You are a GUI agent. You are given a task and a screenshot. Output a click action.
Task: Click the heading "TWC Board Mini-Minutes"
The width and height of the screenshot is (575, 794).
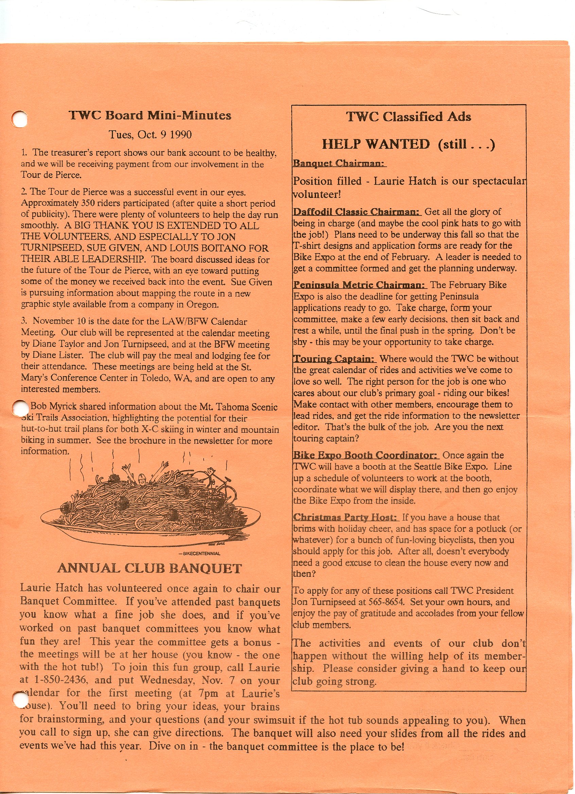pyautogui.click(x=150, y=115)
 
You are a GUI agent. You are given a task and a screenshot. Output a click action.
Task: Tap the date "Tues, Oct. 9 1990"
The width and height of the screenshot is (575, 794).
pyautogui.click(x=150, y=135)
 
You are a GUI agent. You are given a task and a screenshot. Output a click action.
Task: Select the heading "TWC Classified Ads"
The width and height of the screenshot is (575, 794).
pyautogui.click(x=408, y=116)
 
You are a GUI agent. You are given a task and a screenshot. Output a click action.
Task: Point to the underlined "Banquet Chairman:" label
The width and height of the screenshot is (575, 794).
pyautogui.click(x=339, y=163)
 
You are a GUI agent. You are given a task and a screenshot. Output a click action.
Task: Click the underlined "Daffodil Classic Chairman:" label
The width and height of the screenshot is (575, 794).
pyautogui.click(x=357, y=212)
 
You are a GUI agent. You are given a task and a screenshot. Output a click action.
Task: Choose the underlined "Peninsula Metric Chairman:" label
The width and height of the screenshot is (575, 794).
pyautogui.click(x=360, y=284)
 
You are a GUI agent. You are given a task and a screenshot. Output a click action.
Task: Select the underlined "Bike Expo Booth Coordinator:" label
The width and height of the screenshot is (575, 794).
pyautogui.click(x=365, y=455)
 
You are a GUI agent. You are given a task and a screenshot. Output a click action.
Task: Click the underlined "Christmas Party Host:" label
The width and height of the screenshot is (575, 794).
pyautogui.click(x=346, y=517)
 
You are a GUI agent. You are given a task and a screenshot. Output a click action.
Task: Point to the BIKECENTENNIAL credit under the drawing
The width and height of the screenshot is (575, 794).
pyautogui.click(x=199, y=553)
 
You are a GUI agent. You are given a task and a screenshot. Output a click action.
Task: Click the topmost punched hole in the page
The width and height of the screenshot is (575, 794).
pyautogui.click(x=19, y=119)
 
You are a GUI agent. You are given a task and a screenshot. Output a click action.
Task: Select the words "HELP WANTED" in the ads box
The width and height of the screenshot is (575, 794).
pyautogui.click(x=376, y=144)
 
